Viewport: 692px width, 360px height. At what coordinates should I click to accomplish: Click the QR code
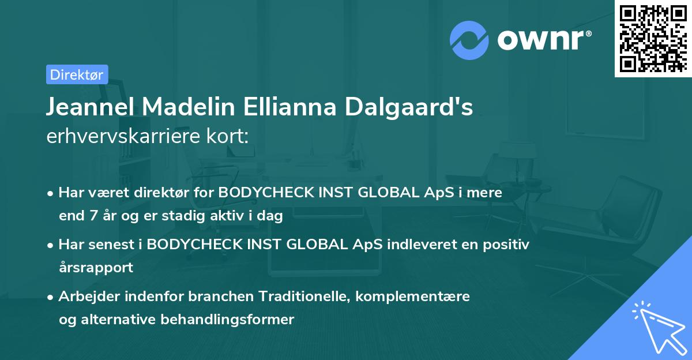click(653, 39)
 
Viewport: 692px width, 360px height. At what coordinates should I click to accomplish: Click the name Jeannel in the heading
click(89, 107)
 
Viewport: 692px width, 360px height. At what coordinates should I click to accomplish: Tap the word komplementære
click(413, 297)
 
